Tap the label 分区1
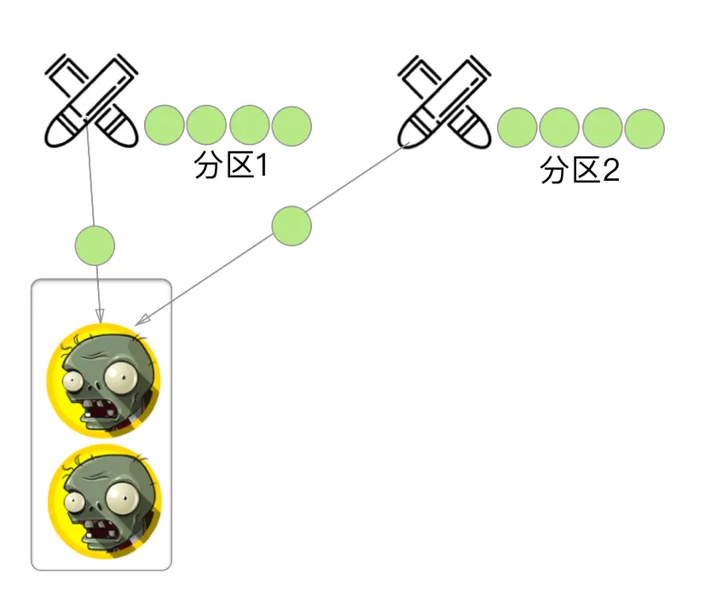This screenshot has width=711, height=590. point(231,165)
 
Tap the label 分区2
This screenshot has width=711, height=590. point(580,171)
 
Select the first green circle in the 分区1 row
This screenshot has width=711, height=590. point(165,126)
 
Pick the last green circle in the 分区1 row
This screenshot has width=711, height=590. point(292,126)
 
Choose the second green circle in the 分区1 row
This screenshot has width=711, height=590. point(206,126)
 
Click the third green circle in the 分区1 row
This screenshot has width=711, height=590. point(250,126)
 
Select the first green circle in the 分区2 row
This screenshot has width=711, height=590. point(517,128)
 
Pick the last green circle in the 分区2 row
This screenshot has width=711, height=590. point(644,128)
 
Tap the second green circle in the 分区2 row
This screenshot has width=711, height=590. point(560,128)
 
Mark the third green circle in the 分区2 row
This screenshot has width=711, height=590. point(603,128)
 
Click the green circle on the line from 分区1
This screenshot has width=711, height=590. point(95,244)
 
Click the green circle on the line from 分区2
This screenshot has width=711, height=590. point(292,226)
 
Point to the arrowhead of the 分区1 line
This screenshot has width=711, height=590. point(101,317)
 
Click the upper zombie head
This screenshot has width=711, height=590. point(102,381)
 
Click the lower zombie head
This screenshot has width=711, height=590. point(102,501)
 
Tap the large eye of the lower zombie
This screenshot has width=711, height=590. point(123,494)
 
